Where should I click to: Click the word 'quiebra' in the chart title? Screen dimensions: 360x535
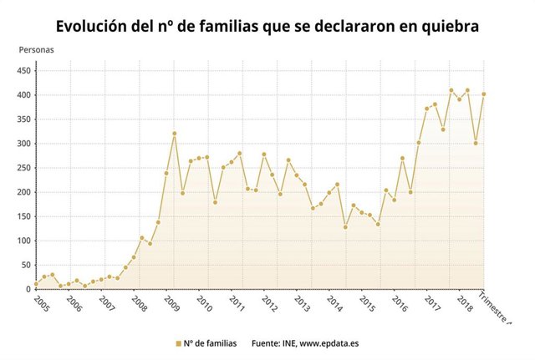[449, 27]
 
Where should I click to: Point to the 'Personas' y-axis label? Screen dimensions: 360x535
[36, 50]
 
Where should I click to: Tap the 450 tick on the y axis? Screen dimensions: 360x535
[24, 70]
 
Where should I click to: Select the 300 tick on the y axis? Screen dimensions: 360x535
[24, 144]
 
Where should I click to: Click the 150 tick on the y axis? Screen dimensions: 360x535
[24, 216]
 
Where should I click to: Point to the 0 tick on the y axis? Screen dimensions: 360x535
[28, 289]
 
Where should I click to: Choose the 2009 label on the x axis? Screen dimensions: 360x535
[171, 302]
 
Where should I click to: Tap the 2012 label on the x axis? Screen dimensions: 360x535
[269, 302]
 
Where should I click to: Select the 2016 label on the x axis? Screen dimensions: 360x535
[399, 302]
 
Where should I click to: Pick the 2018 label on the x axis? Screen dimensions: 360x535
[464, 302]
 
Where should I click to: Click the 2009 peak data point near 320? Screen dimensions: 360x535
[174, 134]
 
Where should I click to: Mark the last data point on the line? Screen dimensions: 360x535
[484, 94]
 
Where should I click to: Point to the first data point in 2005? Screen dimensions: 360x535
[36, 284]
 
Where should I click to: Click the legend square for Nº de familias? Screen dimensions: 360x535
[177, 343]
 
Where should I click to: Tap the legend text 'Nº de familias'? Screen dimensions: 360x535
[210, 343]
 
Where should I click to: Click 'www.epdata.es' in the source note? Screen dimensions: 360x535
[329, 343]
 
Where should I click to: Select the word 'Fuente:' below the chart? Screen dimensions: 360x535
[267, 343]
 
